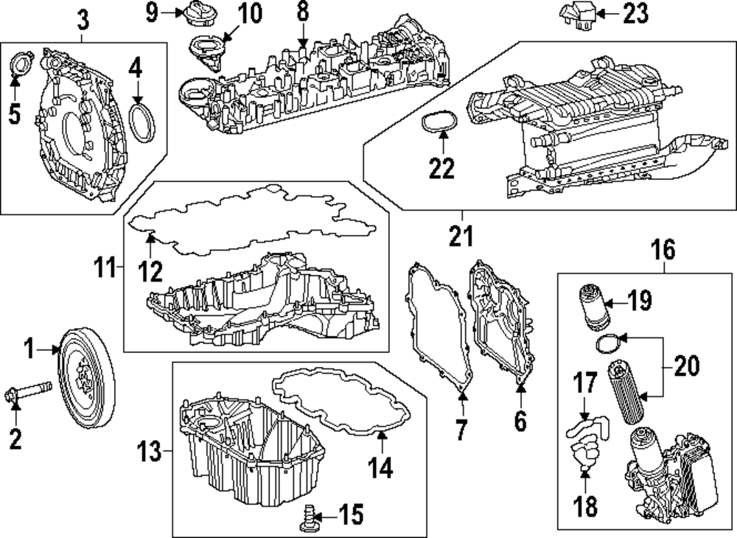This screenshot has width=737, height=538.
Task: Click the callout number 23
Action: pyautogui.click(x=635, y=13)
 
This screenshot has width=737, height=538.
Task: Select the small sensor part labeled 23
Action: pyautogui.click(x=577, y=13)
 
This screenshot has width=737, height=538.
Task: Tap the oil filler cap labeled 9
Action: pyautogui.click(x=198, y=13)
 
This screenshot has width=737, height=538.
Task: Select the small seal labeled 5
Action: pyautogui.click(x=21, y=64)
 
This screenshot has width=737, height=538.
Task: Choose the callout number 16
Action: pyautogui.click(x=663, y=249)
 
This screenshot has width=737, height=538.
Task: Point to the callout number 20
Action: pyautogui.click(x=687, y=366)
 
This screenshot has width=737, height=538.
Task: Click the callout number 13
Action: pyautogui.click(x=149, y=452)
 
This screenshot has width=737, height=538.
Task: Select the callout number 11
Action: pyautogui.click(x=105, y=268)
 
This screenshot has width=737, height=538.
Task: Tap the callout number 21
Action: pyautogui.click(x=461, y=235)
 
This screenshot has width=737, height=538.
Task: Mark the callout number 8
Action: pyautogui.click(x=303, y=13)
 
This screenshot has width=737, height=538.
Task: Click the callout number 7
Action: pyautogui.click(x=461, y=430)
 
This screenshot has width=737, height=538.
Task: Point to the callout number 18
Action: pyautogui.click(x=585, y=506)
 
